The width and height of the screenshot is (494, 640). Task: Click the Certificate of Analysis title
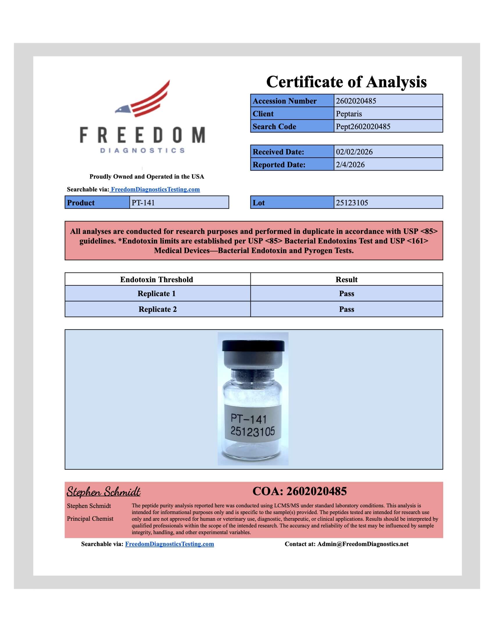346,82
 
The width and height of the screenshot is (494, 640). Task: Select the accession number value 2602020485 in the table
356,101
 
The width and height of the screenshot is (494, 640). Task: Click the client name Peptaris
349,114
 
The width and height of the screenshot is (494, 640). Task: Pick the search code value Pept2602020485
363,127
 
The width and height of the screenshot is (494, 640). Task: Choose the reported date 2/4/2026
350,165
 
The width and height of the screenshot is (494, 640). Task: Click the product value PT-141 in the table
143,203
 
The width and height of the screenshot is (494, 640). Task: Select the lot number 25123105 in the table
352,203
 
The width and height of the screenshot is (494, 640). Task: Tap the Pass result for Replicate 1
346,294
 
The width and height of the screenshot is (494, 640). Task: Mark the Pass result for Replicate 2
346,310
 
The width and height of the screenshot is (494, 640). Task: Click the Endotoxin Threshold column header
157,280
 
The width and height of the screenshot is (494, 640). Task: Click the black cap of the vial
253,346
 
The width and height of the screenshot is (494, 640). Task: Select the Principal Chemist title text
90,519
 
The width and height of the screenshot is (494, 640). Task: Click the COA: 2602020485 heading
299,491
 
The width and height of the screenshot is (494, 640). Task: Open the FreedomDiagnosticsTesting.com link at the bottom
169,544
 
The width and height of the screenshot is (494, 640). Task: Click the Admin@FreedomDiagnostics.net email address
363,544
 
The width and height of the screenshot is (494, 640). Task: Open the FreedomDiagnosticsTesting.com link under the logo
155,189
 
